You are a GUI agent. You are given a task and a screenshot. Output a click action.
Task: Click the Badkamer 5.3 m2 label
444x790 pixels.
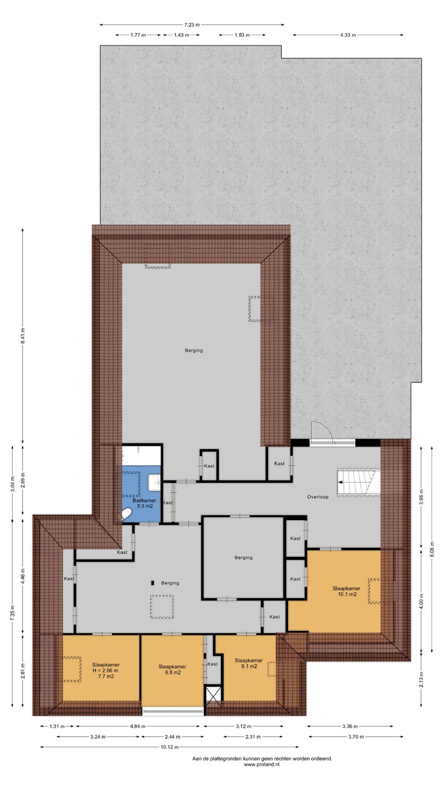pyautogui.click(x=144, y=503)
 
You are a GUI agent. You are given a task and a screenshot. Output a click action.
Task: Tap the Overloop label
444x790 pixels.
pyautogui.click(x=318, y=497)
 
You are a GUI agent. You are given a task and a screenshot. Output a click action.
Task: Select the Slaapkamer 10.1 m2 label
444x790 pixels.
pyautogui.click(x=346, y=591)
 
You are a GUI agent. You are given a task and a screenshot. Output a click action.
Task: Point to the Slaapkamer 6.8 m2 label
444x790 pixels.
pyautogui.click(x=172, y=669)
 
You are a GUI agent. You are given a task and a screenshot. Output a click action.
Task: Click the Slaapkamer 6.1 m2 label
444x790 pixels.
pyautogui.click(x=249, y=663)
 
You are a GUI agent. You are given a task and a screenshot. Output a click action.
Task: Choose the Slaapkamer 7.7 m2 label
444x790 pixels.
pyautogui.click(x=106, y=670)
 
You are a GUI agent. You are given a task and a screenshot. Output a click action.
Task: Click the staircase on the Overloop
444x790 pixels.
pyautogui.click(x=358, y=482)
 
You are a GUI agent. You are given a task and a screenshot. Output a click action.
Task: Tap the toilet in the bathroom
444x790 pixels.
pyautogui.click(x=126, y=515)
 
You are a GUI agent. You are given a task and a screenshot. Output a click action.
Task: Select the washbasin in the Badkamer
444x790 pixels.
pyautogui.click(x=155, y=482)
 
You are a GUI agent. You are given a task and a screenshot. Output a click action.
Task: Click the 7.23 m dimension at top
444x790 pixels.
pyautogui.click(x=192, y=25)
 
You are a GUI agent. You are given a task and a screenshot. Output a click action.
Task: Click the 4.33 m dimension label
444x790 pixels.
pyautogui.click(x=348, y=35)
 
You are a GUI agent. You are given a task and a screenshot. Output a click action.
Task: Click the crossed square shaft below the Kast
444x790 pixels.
pyautogui.click(x=214, y=696)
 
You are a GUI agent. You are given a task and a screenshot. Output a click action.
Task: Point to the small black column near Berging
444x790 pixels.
pyautogui.click(x=153, y=583)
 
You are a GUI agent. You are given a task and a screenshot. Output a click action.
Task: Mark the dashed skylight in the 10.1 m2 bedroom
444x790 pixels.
pyautogui.click(x=374, y=591)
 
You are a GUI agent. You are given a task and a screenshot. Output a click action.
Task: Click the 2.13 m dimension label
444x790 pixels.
pyautogui.click(x=422, y=679)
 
